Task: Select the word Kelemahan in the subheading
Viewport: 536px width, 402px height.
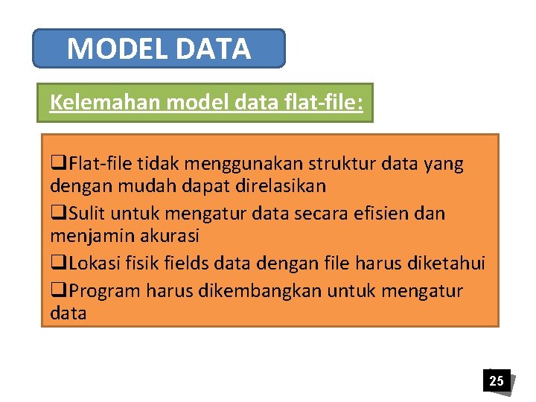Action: pos(104,102)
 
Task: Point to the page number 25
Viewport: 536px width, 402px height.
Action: pos(496,381)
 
